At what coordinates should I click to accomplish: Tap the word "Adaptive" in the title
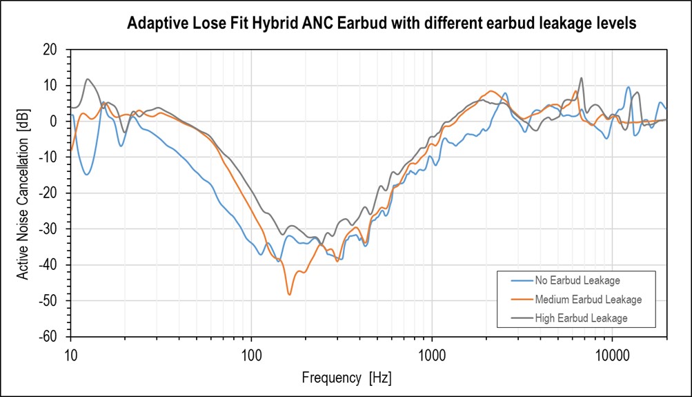click(x=157, y=24)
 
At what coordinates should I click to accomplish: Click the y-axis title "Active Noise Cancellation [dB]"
click(x=23, y=193)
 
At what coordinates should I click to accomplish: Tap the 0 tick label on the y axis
click(x=52, y=122)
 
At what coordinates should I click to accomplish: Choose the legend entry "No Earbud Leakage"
click(x=577, y=281)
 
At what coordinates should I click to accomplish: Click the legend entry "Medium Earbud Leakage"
click(x=588, y=300)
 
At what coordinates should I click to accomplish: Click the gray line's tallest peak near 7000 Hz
click(x=581, y=78)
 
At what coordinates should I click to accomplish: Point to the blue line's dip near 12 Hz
click(x=86, y=174)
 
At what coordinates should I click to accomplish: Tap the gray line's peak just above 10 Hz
click(x=88, y=79)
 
